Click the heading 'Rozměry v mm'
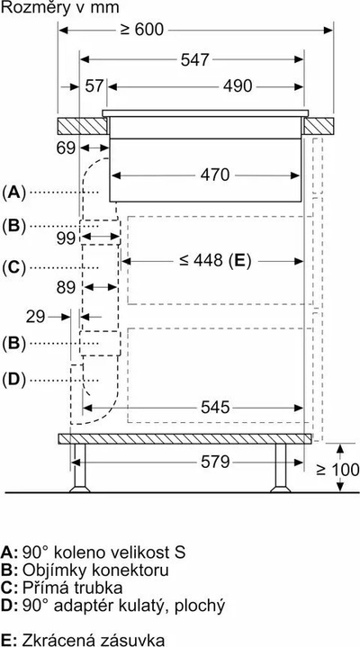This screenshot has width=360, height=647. pos(60,7)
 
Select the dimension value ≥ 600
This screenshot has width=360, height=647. pos(142,30)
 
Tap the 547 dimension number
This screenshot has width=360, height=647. pos(195,59)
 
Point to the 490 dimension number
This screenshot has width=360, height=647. pos(237,86)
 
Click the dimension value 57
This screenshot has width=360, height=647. pos(94,86)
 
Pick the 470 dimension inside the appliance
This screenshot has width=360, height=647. pos(215,175)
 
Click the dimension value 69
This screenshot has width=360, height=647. pos(66,148)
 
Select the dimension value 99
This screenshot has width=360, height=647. pos(66,238)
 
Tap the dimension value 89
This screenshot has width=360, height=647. pos(66,287)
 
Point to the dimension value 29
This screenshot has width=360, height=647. pos(35,317)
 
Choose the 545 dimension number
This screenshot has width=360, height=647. pos(215,408)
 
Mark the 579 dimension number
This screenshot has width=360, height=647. pos(215,463)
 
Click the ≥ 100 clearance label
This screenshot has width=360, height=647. pos(337,470)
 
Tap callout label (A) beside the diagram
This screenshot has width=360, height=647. pos(13,193)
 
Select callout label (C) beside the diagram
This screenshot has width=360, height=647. pos(13,268)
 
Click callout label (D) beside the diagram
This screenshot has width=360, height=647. pos(13,380)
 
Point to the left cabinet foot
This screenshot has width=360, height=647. pos(80,468)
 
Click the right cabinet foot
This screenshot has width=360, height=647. pos(280,468)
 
